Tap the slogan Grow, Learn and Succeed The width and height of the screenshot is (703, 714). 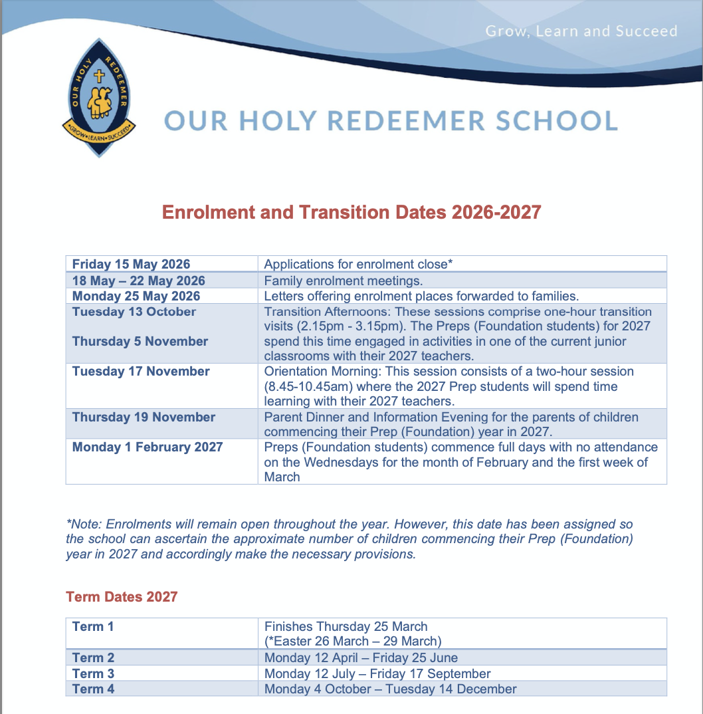581,31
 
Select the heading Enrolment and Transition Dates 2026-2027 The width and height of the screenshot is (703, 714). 351,212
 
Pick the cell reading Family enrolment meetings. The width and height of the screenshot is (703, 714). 343,281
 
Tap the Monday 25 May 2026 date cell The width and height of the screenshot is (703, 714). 136,296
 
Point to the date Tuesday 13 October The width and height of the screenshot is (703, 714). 134,312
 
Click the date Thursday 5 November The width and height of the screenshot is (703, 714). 140,341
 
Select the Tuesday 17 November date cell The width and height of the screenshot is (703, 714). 141,371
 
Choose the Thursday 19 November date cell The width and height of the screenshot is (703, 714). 144,417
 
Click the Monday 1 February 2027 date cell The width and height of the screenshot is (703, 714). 148,447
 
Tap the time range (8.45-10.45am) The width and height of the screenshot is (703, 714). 318,386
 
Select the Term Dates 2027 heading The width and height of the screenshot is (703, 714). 122,596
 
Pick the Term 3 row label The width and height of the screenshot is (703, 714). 93,673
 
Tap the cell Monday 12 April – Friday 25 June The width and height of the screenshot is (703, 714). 361,657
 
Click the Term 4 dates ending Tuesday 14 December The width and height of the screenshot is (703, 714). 390,689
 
